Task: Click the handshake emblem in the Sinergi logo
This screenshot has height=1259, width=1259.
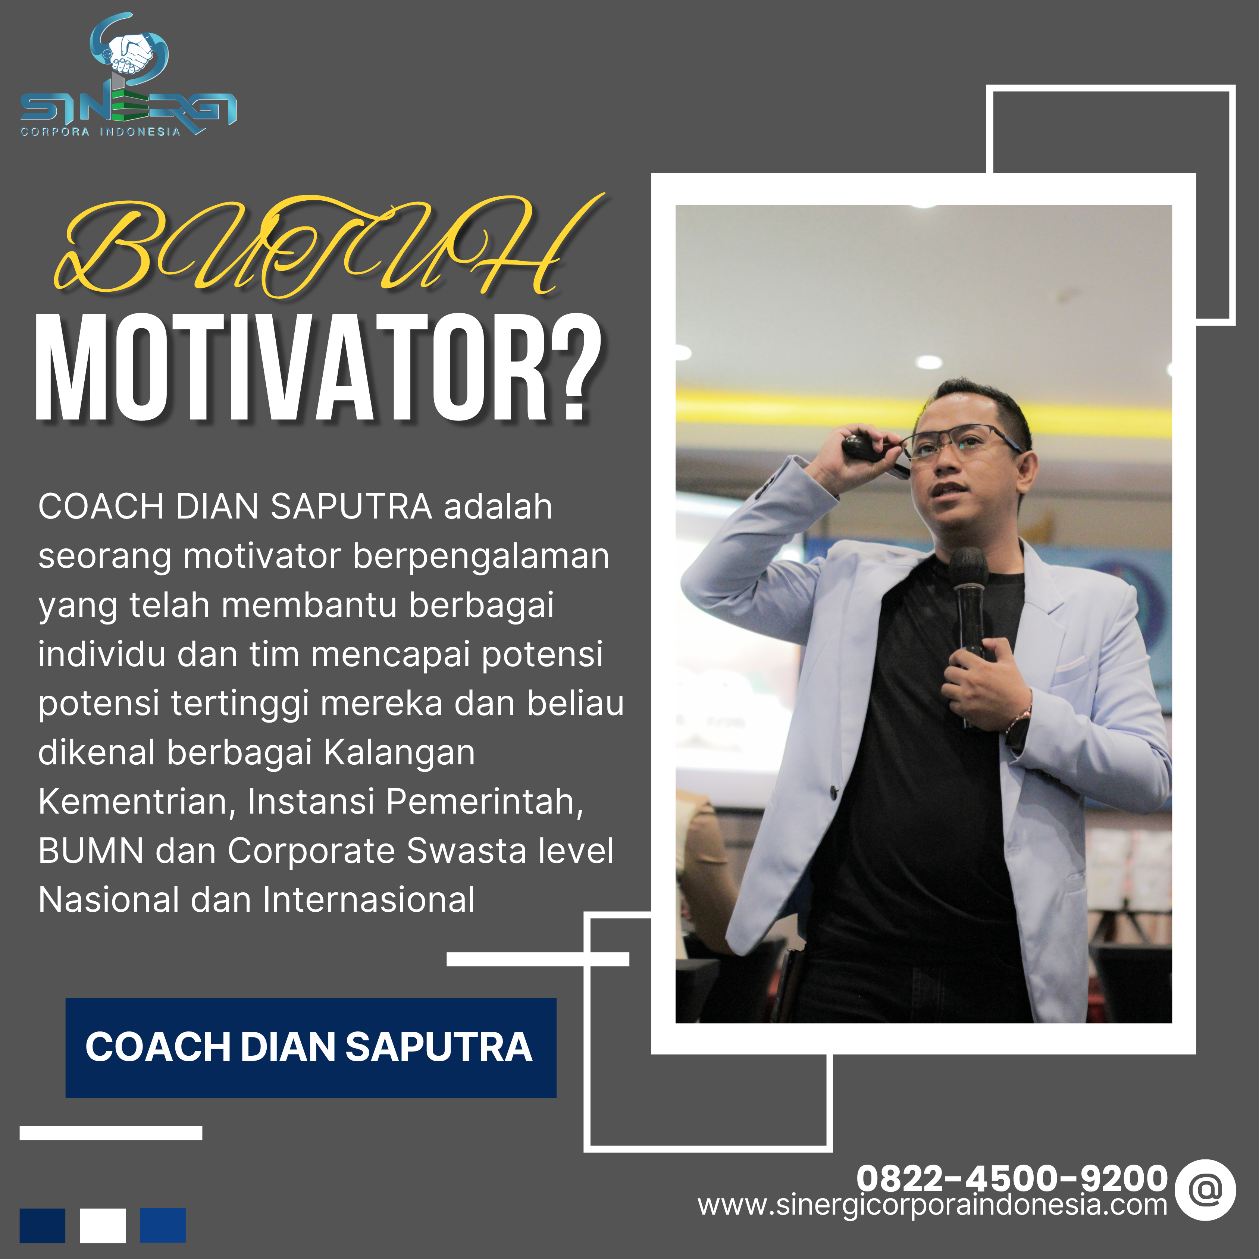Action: click(130, 52)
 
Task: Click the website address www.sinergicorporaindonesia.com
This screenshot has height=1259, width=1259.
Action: click(932, 1206)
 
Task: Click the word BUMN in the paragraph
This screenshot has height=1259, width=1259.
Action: click(91, 851)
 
